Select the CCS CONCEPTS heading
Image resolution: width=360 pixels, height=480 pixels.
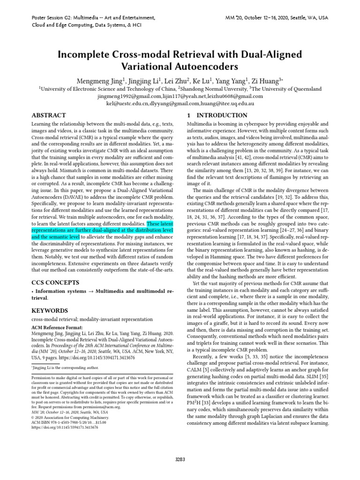point(55,282)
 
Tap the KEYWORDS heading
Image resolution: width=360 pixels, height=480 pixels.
point(50,310)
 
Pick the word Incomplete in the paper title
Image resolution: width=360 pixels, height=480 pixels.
point(83,54)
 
